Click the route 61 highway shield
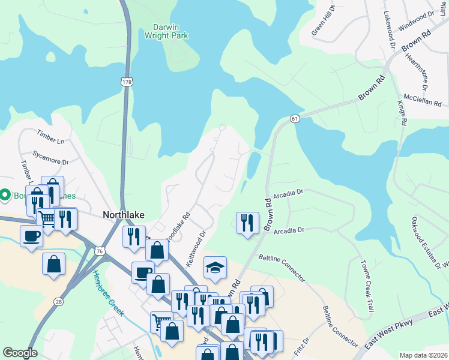(294, 119)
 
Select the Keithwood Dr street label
(196, 249)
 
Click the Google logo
(20, 353)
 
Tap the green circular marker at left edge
(5, 194)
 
